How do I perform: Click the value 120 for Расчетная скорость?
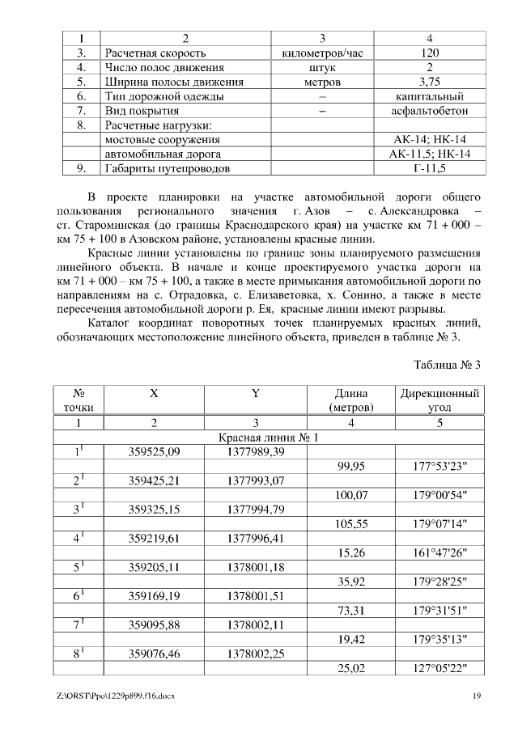430,53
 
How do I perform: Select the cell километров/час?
322,53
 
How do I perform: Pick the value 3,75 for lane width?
430,82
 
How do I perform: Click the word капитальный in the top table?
430,96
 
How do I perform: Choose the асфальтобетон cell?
430,111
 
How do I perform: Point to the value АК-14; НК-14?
430,140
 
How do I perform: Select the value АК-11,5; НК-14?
430,154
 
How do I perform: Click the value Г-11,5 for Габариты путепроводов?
430,169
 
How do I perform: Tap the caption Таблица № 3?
448,363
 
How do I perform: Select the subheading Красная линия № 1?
269,438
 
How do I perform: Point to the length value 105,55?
350,523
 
